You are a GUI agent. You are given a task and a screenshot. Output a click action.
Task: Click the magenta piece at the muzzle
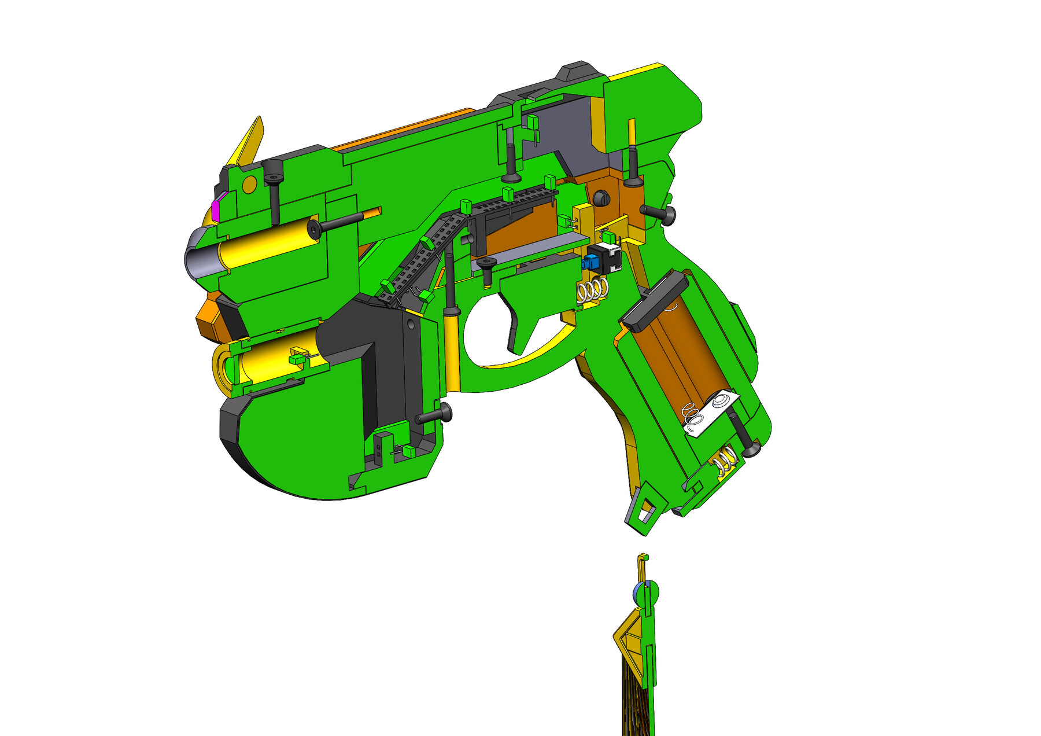coord(216,208)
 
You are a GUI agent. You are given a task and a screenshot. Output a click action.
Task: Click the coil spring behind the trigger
coord(593,289)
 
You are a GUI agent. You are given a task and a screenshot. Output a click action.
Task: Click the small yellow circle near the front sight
coord(249,185)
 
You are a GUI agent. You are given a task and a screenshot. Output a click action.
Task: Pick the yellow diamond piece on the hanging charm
coord(628,642)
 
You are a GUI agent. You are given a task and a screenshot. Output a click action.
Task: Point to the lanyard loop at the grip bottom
coord(643,509)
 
